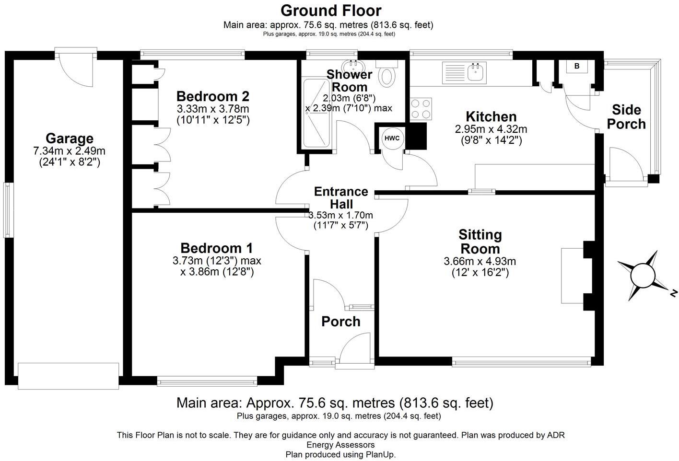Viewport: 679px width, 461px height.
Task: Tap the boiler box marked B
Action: (x=577, y=67)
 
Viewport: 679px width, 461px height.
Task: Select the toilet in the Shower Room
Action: (x=386, y=76)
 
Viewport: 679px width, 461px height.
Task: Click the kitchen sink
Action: (x=477, y=73)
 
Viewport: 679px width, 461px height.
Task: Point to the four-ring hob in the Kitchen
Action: (x=421, y=108)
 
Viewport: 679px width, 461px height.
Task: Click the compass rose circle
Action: (x=643, y=276)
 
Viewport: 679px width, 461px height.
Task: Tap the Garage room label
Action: (x=70, y=138)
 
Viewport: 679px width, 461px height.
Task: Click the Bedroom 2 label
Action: (x=212, y=96)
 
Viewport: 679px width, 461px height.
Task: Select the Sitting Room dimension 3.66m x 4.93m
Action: (x=480, y=261)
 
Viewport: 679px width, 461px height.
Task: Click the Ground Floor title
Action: (x=331, y=10)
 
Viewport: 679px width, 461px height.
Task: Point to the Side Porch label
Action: (x=626, y=116)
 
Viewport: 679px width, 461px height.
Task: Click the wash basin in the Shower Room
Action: (x=353, y=65)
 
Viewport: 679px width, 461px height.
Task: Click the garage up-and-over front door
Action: (x=68, y=376)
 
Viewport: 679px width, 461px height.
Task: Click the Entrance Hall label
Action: (x=341, y=197)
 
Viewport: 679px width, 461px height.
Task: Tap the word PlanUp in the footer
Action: (x=381, y=454)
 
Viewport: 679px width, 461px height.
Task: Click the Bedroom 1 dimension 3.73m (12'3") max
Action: (x=217, y=261)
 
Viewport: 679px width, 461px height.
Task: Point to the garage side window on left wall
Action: (x=8, y=209)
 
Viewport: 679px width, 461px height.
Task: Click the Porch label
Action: (x=340, y=322)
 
